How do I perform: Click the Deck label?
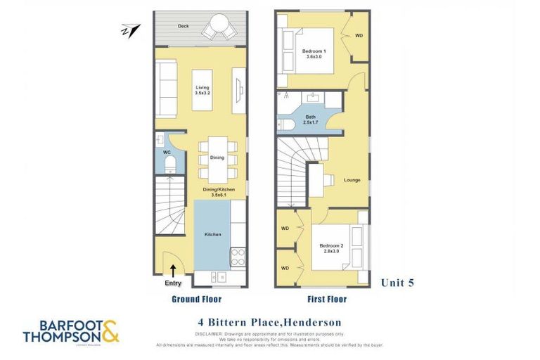pyautogui.click(x=183, y=26)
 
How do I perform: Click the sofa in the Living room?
pyautogui.click(x=166, y=89)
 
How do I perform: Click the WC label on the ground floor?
pyautogui.click(x=168, y=151)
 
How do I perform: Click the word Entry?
pyautogui.click(x=172, y=283)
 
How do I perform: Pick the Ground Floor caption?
pyautogui.click(x=198, y=299)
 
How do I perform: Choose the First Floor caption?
pyautogui.click(x=323, y=299)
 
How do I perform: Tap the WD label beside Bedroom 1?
pyautogui.click(x=358, y=35)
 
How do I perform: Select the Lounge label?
pyautogui.click(x=352, y=179)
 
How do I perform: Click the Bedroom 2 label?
pyautogui.click(x=332, y=247)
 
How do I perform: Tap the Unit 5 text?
pyautogui.click(x=397, y=283)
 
